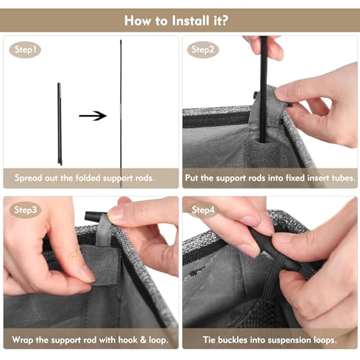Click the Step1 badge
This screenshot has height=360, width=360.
point(25,50)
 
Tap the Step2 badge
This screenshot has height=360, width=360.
point(203,50)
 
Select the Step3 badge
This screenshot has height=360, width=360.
point(25,210)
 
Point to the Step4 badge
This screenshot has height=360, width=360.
point(203,210)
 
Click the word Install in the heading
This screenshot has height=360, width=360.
point(191,20)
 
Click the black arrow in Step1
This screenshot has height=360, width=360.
point(93,116)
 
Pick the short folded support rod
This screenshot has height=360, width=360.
point(59,124)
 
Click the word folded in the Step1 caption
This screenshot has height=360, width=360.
point(88,178)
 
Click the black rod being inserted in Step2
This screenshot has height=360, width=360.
point(264,89)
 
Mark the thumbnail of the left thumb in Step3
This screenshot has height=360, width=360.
point(87,274)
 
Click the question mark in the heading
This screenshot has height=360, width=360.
point(224,20)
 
